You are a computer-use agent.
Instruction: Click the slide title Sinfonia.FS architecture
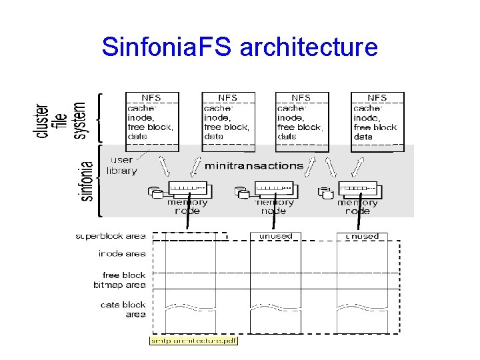[239, 47]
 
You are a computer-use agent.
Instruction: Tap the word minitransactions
[253, 165]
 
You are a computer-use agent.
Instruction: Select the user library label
[121, 165]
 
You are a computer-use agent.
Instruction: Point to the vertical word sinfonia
[87, 181]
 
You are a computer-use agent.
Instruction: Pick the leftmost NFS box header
[153, 98]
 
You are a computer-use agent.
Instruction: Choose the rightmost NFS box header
[377, 98]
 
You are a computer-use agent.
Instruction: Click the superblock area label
[111, 236]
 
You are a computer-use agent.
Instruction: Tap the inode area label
[122, 253]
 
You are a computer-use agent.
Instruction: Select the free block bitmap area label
[120, 280]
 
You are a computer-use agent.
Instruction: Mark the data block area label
[123, 310]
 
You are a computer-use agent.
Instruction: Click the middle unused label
[275, 236]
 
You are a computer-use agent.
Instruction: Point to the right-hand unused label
[362, 236]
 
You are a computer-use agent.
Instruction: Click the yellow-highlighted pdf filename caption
[193, 341]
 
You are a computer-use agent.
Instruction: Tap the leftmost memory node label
[187, 207]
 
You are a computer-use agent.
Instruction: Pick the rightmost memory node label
[357, 207]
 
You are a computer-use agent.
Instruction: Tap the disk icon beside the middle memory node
[241, 193]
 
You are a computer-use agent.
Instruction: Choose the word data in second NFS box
[214, 137]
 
